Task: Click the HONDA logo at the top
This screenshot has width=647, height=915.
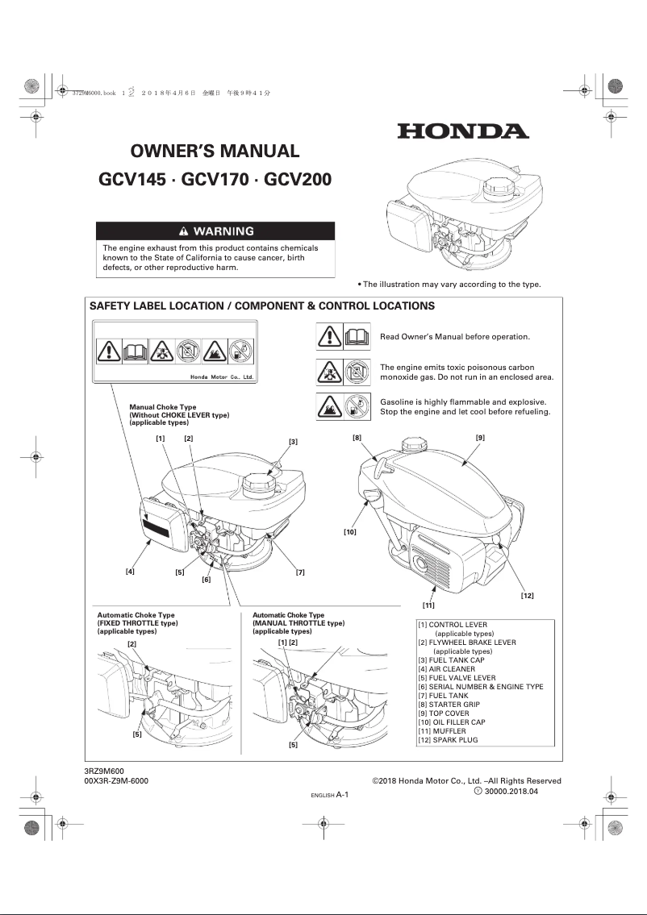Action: [462, 131]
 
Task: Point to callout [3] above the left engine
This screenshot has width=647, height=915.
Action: [293, 442]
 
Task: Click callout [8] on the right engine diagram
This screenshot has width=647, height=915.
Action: [357, 437]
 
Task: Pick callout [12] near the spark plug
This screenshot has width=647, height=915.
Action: [527, 595]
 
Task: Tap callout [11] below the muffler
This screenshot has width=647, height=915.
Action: [428, 605]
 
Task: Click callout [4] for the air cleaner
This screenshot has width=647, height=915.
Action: [130, 572]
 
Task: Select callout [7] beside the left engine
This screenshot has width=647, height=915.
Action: [300, 572]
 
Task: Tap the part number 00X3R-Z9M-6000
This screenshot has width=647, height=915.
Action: [116, 781]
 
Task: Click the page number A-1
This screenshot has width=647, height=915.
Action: [342, 794]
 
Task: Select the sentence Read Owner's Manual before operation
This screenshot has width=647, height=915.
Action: [455, 336]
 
